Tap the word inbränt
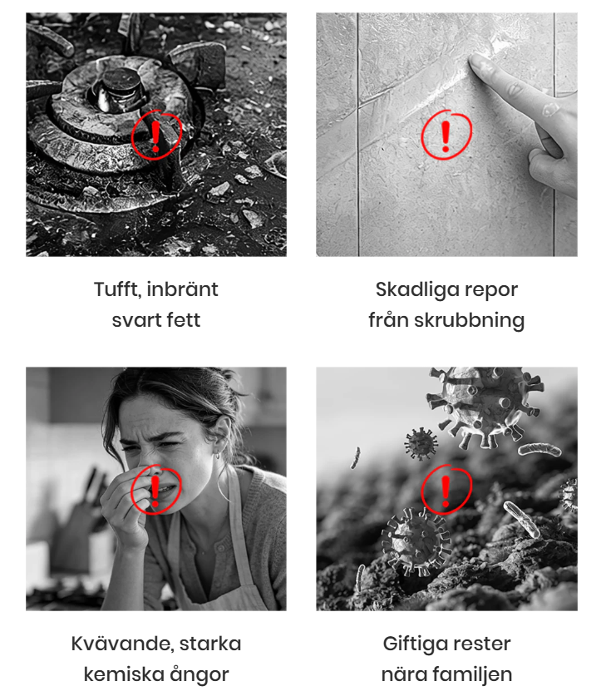pos(182,289)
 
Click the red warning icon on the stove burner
pos(156,136)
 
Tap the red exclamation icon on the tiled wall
pos(446,135)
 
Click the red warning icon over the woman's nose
pos(155,490)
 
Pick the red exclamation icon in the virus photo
pos(446,489)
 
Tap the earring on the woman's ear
pos(218,454)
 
